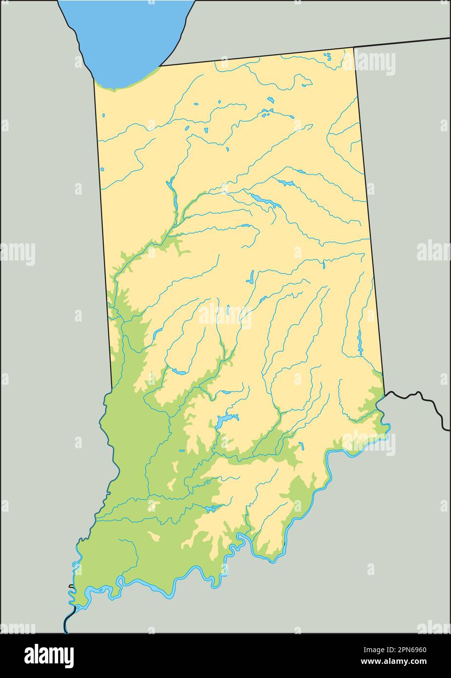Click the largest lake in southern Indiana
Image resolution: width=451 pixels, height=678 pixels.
pos(225,419)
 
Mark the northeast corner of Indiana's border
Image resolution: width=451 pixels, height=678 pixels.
pos(353,47)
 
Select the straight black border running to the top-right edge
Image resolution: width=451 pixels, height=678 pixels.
pos(405,42)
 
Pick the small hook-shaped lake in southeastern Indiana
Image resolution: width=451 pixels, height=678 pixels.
pos(302,445)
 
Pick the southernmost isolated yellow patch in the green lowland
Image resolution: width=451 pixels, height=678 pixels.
pos(155,537)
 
